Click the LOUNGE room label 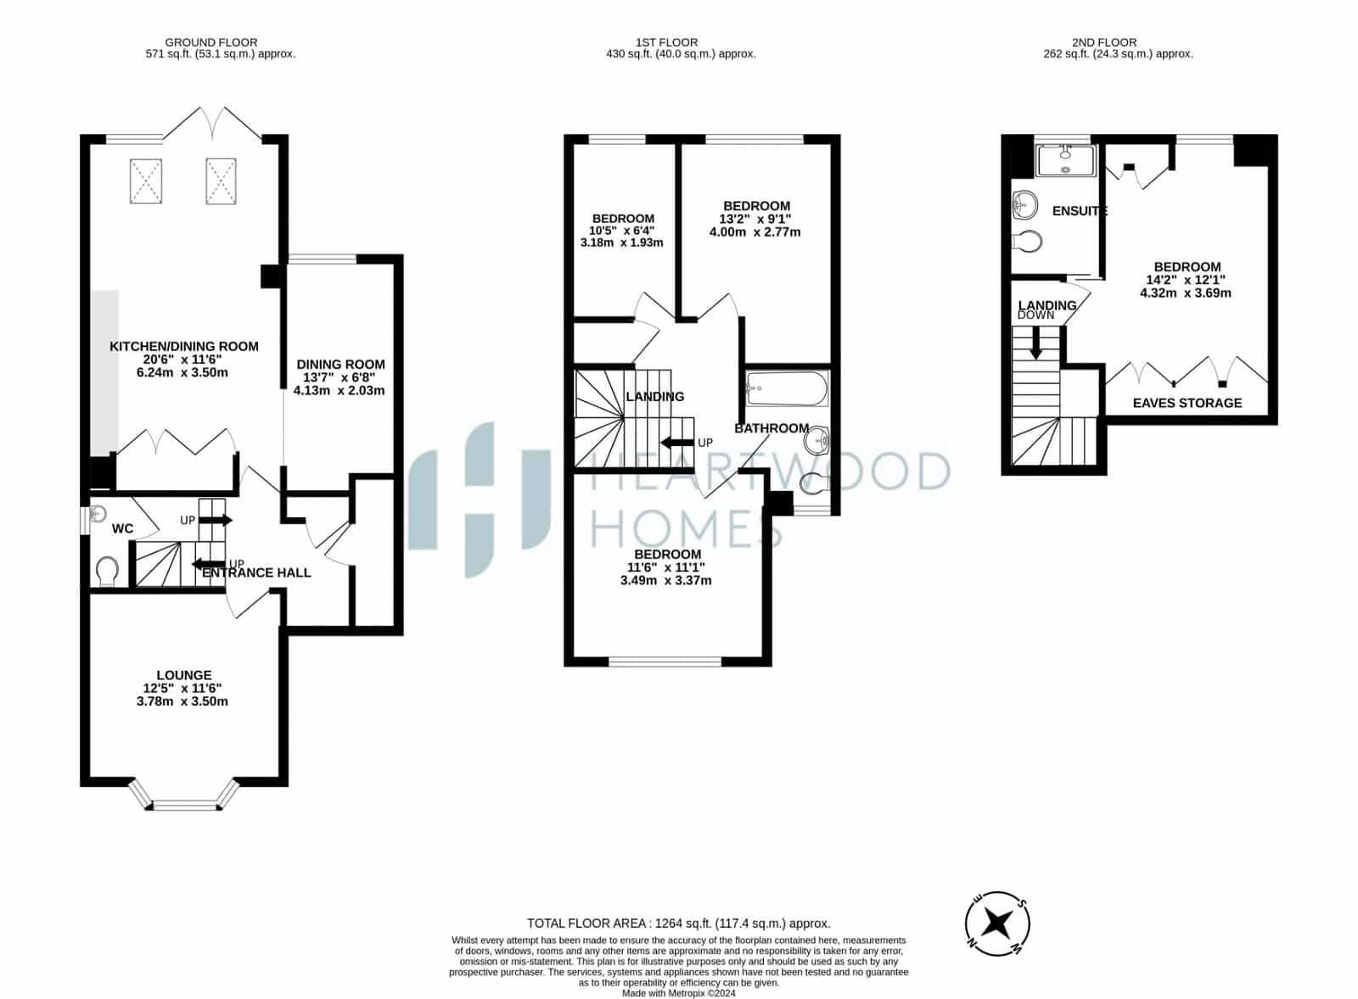tap(183, 675)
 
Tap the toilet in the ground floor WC tap(107, 572)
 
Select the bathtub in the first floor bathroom tap(787, 389)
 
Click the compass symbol tap(996, 924)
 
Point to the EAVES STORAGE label tap(1187, 403)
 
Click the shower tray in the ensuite tap(1066, 160)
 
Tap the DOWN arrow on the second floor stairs tap(1036, 343)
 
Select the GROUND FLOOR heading tap(211, 42)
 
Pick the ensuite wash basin tap(1025, 204)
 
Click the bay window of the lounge tap(184, 795)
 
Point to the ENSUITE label tap(1080, 211)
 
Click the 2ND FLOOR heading tap(1104, 42)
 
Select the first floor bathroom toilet tap(814, 483)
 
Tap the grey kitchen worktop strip tap(105, 372)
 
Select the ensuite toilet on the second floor tap(1028, 241)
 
